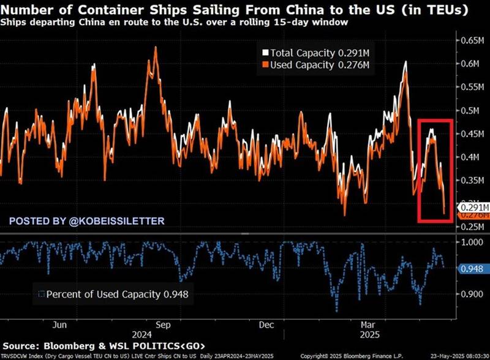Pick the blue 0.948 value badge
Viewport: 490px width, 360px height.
472,268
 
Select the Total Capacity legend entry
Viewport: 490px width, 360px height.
312,53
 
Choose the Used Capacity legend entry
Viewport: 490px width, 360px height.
312,64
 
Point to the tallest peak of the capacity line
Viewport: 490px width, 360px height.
156,47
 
